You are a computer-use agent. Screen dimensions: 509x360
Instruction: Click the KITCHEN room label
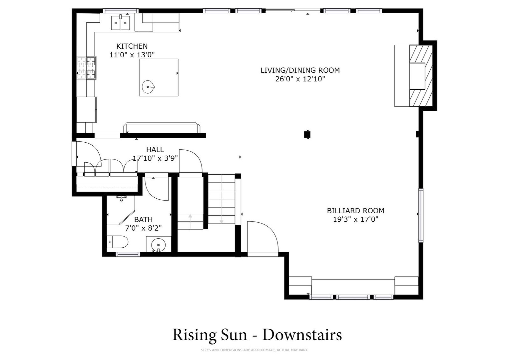click(132, 46)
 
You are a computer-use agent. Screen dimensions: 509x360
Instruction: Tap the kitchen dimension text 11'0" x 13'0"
click(132, 55)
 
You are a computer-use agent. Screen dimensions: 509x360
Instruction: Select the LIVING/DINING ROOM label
click(300, 70)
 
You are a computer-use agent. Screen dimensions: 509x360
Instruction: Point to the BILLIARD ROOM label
click(356, 211)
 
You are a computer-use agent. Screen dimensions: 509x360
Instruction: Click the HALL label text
click(155, 149)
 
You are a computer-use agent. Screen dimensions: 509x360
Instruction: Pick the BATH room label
click(143, 219)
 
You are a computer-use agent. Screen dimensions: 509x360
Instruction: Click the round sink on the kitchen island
click(148, 87)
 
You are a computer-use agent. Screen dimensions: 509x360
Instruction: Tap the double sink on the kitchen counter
click(121, 23)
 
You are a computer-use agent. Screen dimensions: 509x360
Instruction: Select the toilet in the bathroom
click(118, 242)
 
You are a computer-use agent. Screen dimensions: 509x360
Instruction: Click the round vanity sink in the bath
click(158, 245)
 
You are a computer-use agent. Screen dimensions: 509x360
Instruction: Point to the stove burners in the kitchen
click(87, 68)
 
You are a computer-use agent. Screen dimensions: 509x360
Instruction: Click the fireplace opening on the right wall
click(417, 76)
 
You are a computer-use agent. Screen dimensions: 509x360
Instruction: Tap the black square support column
click(307, 135)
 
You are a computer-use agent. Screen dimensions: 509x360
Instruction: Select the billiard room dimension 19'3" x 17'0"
click(356, 219)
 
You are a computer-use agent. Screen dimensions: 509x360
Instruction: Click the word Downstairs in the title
click(302, 335)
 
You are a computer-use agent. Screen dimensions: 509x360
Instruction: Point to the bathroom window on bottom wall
click(128, 254)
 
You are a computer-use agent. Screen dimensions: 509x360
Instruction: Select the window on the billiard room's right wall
click(421, 215)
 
